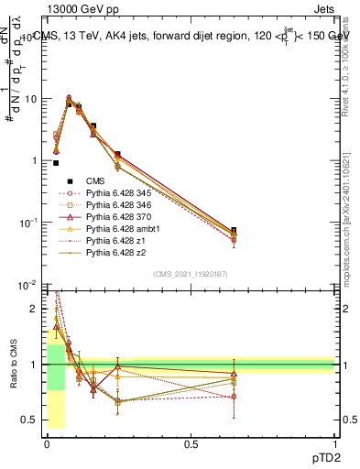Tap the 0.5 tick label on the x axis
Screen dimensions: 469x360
(190, 442)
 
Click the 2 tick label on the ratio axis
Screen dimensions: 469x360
(32, 309)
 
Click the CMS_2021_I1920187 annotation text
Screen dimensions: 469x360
(190, 273)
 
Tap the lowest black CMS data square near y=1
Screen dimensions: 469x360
(57, 163)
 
